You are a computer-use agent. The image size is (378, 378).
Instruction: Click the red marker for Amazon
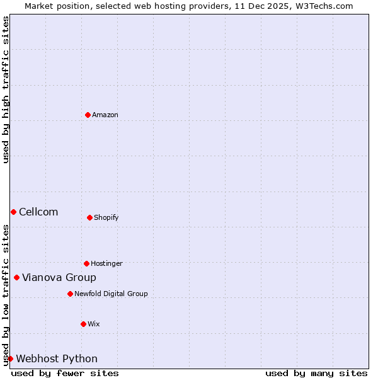pyautogui.click(x=88, y=115)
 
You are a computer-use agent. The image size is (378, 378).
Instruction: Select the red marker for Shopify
pyautogui.click(x=90, y=217)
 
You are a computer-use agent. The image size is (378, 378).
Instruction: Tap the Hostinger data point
pyautogui.click(x=87, y=263)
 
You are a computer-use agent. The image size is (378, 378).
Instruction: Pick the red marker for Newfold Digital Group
pyautogui.click(x=71, y=294)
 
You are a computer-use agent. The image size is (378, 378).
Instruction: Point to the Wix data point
pyautogui.click(x=84, y=324)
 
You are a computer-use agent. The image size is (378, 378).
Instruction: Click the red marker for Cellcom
pyautogui.click(x=14, y=212)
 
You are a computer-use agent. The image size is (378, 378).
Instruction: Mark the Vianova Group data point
pyautogui.click(x=17, y=277)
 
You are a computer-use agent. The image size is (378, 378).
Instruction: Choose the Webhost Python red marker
pyautogui.click(x=11, y=358)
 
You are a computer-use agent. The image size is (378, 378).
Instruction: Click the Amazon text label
pyautogui.click(x=105, y=115)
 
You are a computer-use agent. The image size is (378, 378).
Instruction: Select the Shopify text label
pyautogui.click(x=106, y=217)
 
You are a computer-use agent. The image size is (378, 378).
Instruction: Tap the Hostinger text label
pyautogui.click(x=106, y=263)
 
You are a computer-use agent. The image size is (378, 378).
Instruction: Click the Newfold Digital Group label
pyautogui.click(x=111, y=294)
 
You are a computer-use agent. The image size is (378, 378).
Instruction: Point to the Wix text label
pyautogui.click(x=94, y=324)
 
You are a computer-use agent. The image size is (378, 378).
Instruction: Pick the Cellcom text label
pyautogui.click(x=38, y=212)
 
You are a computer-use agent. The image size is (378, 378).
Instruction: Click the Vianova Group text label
pyautogui.click(x=59, y=277)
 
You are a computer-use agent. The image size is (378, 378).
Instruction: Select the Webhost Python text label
pyautogui.click(x=57, y=358)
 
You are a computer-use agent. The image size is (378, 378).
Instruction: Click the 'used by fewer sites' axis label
pyautogui.click(x=65, y=373)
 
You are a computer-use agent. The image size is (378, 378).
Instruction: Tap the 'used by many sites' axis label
pyautogui.click(x=316, y=373)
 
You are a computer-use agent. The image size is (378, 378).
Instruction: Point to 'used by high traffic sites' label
pyautogui.click(x=6, y=89)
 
